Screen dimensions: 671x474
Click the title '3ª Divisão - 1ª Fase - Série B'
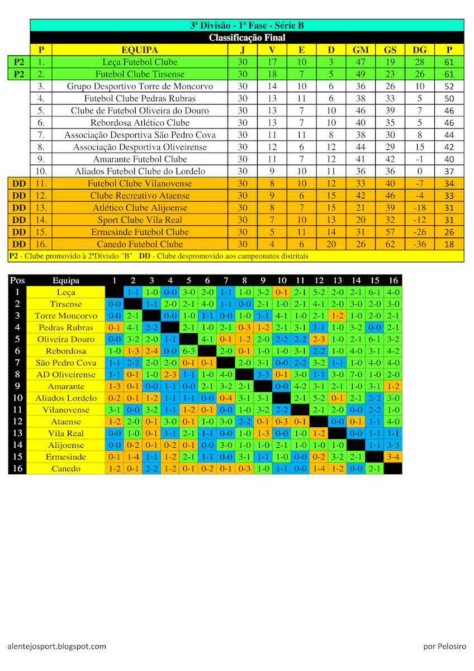click(x=247, y=25)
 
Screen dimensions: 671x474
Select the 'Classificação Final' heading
click(x=247, y=37)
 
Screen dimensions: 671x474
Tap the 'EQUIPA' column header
click(x=139, y=50)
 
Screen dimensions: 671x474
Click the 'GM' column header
click(x=361, y=50)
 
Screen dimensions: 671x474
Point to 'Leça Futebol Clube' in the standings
click(x=139, y=62)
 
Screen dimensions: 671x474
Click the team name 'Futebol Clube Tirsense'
click(x=139, y=74)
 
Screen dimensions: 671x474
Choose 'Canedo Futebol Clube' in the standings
click(x=139, y=244)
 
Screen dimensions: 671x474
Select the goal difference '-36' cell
click(x=419, y=244)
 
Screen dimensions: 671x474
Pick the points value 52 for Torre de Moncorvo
click(x=449, y=86)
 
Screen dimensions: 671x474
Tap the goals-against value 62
click(x=390, y=244)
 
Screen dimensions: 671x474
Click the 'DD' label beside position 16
click(x=19, y=244)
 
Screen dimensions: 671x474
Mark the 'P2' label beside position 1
click(x=19, y=62)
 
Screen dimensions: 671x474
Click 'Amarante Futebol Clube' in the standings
click(x=139, y=159)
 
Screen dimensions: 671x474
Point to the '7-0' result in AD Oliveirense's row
click(x=356, y=374)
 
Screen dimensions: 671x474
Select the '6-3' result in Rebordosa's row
click(x=188, y=351)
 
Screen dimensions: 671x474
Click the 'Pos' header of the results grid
click(x=17, y=280)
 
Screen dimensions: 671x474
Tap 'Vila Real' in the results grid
click(x=66, y=433)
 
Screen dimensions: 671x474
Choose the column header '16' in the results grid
click(x=393, y=280)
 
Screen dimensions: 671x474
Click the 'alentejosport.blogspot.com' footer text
click(x=57, y=646)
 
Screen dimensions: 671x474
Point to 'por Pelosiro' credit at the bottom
click(x=444, y=646)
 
